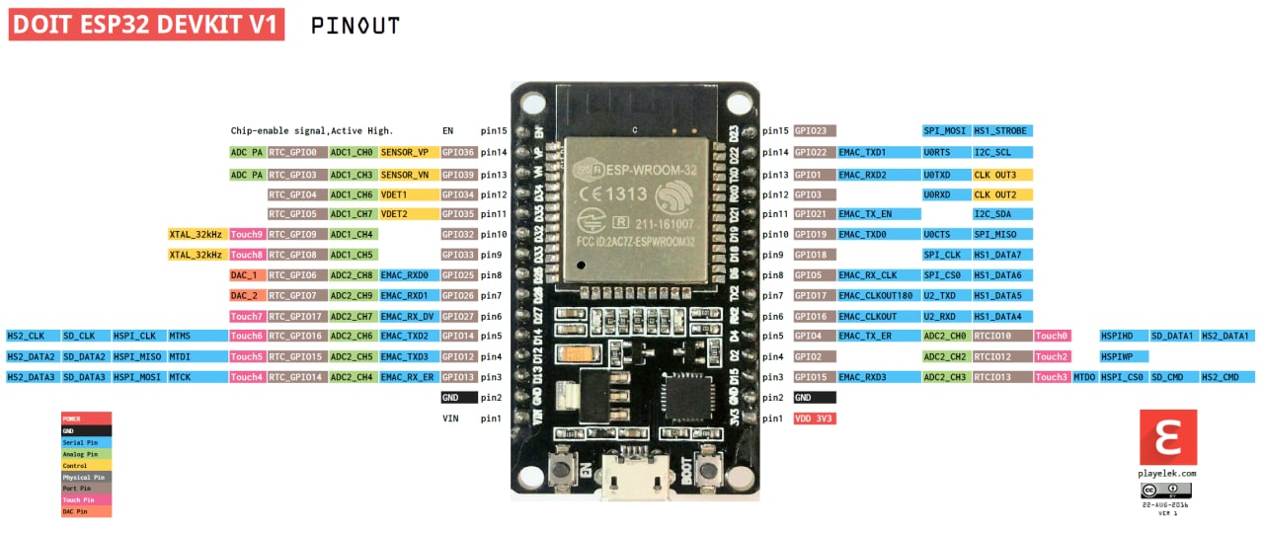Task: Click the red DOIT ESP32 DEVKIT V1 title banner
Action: point(146,26)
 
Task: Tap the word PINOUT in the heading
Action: point(355,27)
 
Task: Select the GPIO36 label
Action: point(459,153)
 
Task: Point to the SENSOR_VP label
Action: point(405,153)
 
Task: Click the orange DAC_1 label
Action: point(244,275)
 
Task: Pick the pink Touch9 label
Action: point(247,235)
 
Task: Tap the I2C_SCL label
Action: point(1001,153)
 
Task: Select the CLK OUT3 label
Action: point(1001,175)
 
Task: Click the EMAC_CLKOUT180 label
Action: point(876,295)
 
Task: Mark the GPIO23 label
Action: point(815,130)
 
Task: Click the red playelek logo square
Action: point(1168,437)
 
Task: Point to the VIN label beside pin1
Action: point(451,419)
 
